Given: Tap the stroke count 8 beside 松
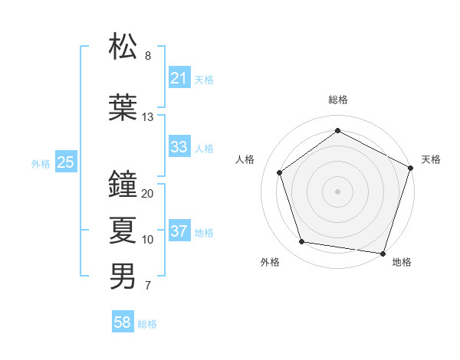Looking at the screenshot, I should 148,56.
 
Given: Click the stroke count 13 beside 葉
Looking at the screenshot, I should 148,117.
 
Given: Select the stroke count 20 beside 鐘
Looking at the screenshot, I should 148,194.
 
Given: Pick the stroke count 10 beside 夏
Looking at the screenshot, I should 148,240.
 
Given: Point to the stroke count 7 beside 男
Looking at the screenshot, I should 148,286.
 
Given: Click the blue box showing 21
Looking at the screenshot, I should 179,78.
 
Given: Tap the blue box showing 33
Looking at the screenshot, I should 179,147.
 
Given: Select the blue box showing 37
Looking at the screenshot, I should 179,231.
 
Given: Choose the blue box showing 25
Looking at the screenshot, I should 66,162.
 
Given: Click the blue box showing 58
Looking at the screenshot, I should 123,322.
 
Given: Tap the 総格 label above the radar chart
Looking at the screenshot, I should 338,100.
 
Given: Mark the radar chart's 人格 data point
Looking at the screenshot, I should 280,172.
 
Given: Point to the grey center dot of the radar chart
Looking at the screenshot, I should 338,191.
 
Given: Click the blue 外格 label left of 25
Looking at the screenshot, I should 41,162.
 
